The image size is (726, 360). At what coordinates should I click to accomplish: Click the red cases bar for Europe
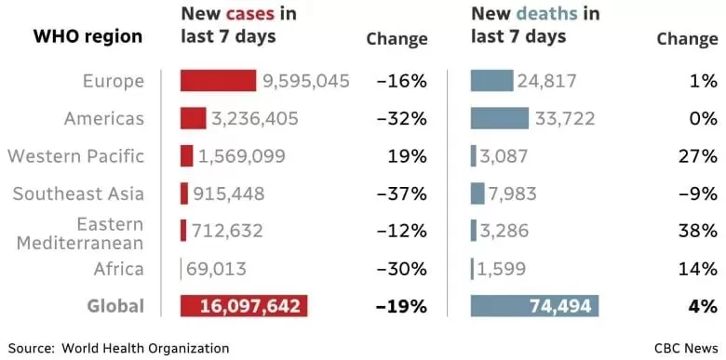(x=218, y=81)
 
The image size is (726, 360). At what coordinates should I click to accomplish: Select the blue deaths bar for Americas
(x=500, y=118)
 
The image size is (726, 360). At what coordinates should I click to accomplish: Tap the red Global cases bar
(x=244, y=306)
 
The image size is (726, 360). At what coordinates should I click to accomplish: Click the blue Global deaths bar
(x=535, y=306)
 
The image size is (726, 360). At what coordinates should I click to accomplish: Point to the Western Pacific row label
(x=76, y=156)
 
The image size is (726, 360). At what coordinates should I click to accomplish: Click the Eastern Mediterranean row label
(x=80, y=233)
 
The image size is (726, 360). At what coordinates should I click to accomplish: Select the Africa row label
(x=119, y=269)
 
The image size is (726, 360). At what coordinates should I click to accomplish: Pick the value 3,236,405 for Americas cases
(x=255, y=119)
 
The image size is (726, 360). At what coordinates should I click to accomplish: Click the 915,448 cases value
(x=229, y=193)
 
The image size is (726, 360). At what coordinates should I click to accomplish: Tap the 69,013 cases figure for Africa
(x=216, y=269)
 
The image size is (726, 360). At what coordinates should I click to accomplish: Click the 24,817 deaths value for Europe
(x=546, y=82)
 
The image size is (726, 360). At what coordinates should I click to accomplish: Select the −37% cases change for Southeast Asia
(x=402, y=193)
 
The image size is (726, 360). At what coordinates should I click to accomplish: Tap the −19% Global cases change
(x=402, y=306)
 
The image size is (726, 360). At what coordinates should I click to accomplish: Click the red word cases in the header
(x=250, y=14)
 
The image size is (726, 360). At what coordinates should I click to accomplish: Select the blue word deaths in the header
(x=547, y=14)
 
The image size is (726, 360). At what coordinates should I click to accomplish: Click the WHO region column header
(x=88, y=36)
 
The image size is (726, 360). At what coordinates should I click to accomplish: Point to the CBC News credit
(x=686, y=348)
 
